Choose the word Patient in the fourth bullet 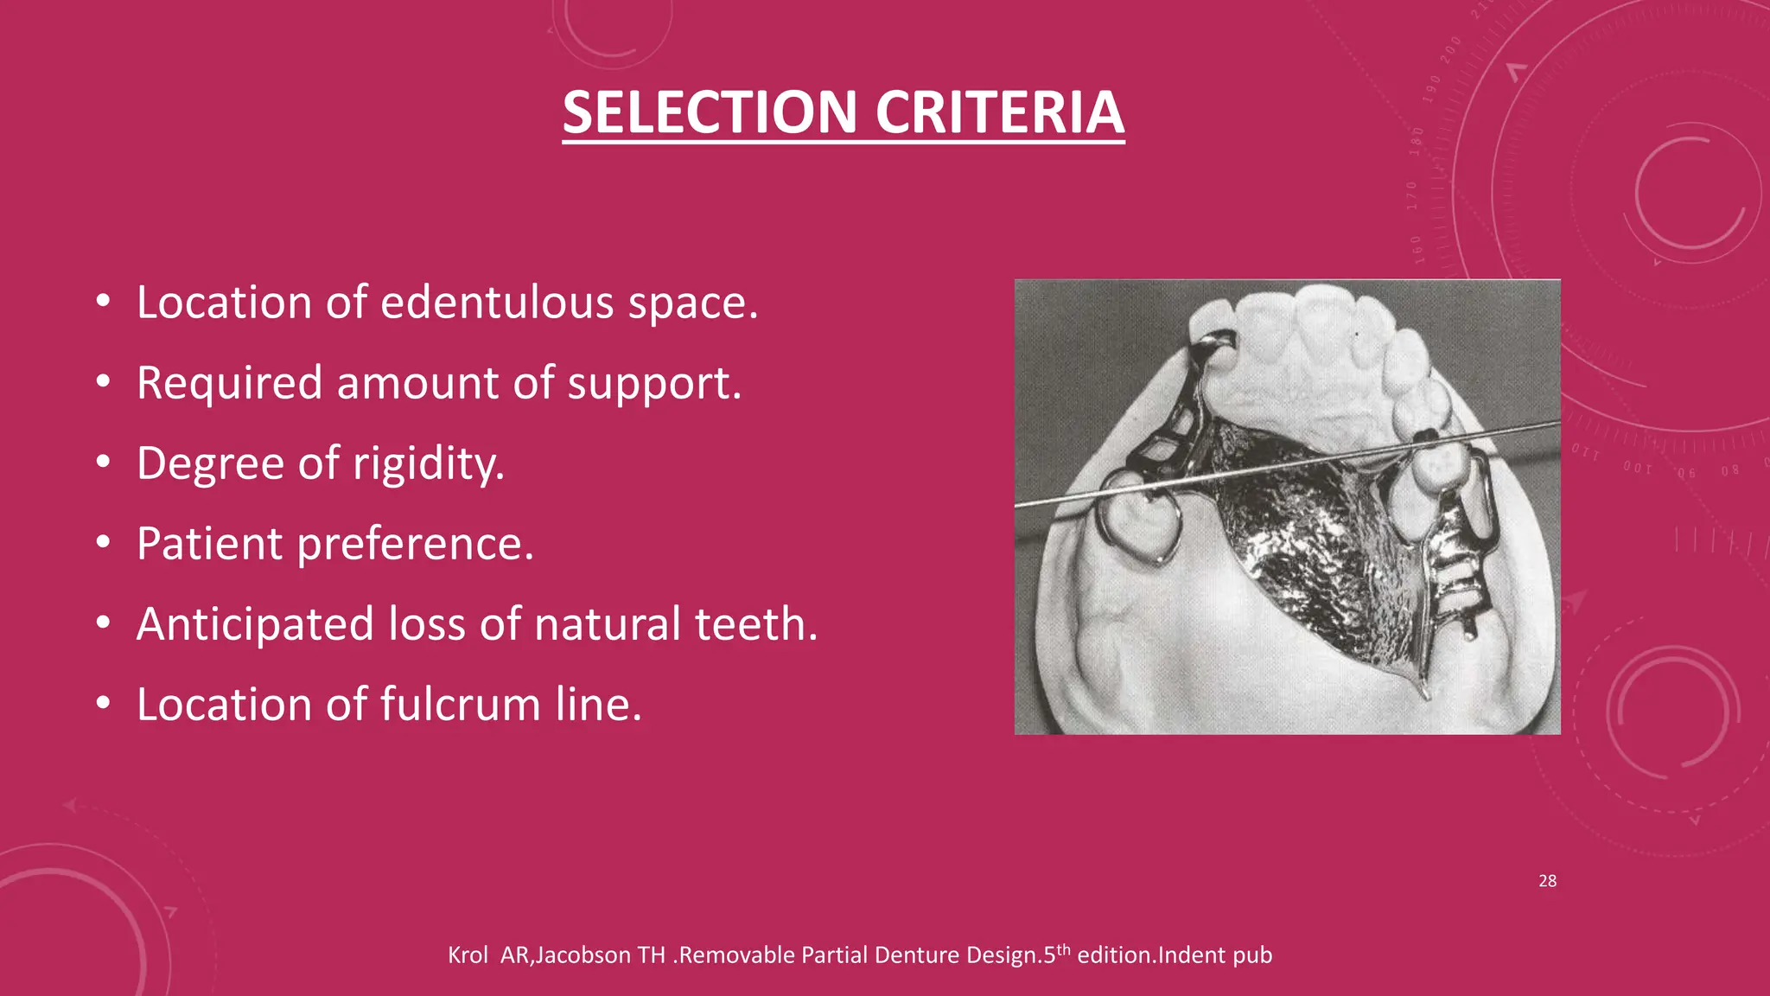click(210, 544)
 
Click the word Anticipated click(255, 624)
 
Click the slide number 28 click(1547, 881)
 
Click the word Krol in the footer click(468, 955)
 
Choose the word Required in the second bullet click(229, 383)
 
